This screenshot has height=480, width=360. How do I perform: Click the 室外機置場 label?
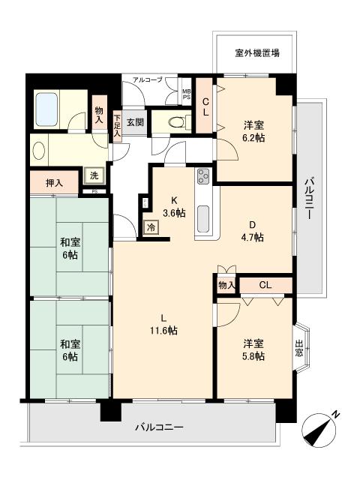[x=257, y=53]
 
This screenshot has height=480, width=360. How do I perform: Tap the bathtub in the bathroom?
[x=46, y=109]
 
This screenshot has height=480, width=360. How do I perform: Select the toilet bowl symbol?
[x=176, y=122]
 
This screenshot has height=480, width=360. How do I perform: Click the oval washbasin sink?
[x=39, y=150]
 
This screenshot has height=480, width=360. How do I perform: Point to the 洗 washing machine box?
[x=94, y=175]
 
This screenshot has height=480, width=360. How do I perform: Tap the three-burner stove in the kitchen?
[x=203, y=176]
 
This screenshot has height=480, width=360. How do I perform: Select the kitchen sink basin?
[x=203, y=219]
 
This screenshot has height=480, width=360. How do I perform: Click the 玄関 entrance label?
[x=135, y=122]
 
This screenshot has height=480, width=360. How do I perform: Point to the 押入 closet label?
[x=55, y=183]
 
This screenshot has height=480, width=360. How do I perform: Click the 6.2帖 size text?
[x=254, y=138]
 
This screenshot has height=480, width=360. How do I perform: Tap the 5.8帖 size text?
[x=253, y=357]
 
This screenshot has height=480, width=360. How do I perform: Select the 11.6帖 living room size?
[x=163, y=331]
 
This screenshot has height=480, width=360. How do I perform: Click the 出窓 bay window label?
[x=299, y=348]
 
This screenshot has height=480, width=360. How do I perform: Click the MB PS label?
[x=187, y=94]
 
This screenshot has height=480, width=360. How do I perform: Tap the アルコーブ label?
[x=148, y=80]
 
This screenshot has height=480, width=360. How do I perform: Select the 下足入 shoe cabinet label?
[x=117, y=125]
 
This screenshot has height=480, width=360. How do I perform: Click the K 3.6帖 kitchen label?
[x=174, y=207]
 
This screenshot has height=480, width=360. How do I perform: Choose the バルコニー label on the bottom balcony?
[x=160, y=427]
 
